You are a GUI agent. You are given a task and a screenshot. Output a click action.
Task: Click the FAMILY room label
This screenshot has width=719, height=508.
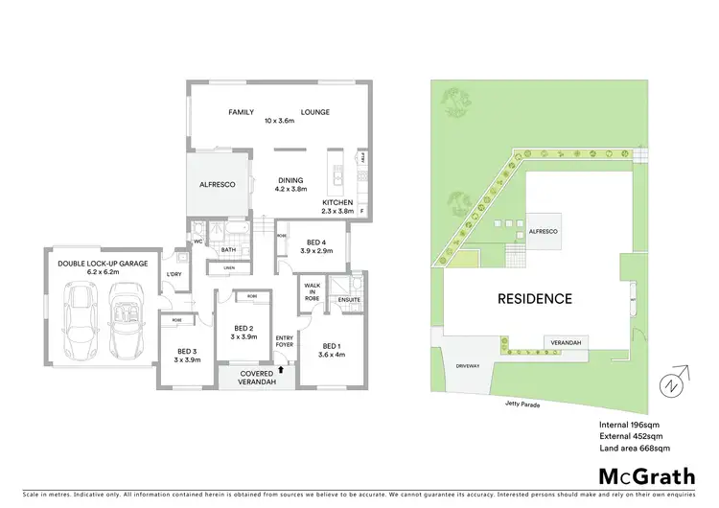point(241,112)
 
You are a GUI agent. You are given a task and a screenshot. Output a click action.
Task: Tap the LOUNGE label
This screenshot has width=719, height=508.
point(315,112)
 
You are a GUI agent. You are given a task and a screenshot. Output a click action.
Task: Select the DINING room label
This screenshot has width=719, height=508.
point(290,179)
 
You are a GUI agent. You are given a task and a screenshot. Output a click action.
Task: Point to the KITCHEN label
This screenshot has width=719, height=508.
point(338,202)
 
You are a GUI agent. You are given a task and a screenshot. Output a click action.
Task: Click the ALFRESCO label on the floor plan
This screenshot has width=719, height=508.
point(217,184)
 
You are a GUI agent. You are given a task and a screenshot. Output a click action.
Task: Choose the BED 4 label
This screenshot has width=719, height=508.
point(316,242)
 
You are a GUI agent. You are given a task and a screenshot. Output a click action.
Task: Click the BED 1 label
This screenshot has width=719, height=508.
point(332,345)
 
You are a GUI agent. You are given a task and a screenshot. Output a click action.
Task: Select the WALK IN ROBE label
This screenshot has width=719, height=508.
point(312,290)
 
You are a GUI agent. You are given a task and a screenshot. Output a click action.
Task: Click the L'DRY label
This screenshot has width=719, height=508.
point(174,276)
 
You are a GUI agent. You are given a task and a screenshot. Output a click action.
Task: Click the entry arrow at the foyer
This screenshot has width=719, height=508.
point(280,366)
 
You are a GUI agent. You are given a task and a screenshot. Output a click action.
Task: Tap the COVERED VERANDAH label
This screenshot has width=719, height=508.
point(256,378)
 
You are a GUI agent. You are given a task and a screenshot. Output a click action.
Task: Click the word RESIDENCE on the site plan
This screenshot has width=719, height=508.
point(534,298)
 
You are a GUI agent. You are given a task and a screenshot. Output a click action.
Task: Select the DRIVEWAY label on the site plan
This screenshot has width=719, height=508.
point(467,365)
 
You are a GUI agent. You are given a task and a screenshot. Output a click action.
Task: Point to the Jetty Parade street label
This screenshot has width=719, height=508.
point(523,404)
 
